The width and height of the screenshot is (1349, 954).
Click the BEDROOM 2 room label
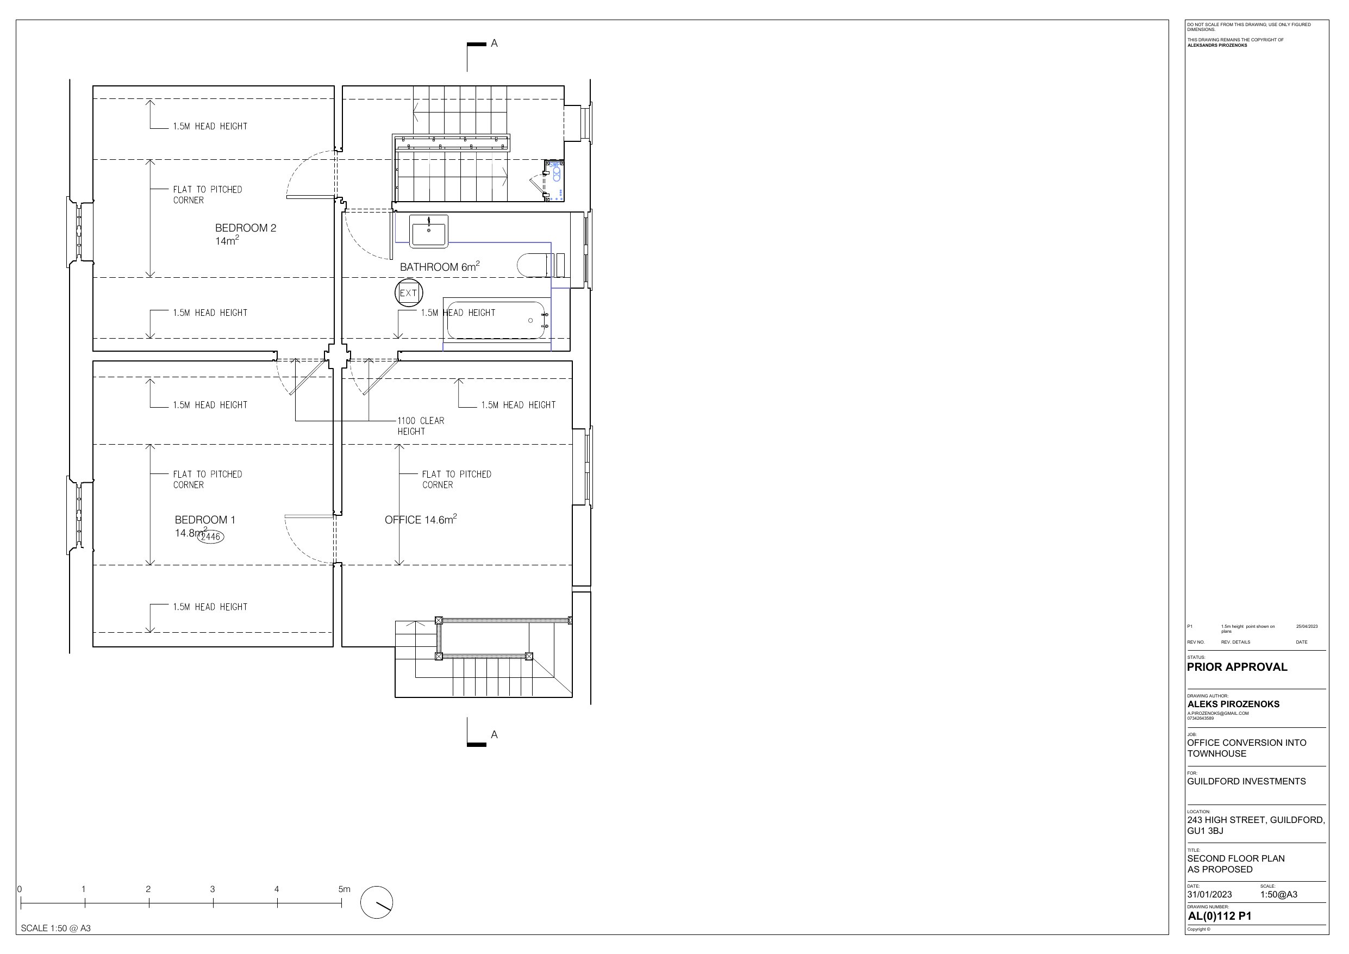coord(246,234)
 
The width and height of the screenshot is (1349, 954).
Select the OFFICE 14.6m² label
coord(421,519)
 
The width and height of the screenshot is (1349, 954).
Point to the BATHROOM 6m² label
coord(440,266)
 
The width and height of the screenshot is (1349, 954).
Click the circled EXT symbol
coord(408,293)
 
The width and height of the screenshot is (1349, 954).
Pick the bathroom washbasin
coord(429,231)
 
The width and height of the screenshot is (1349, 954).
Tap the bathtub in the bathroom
coord(496,320)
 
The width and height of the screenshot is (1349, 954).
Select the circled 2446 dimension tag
coord(210,536)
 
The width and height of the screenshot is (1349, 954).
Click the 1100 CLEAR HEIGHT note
coord(421,426)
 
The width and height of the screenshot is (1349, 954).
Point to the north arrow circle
coord(377,902)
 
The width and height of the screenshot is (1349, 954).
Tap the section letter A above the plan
coord(494,43)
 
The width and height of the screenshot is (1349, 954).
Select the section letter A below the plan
coord(494,734)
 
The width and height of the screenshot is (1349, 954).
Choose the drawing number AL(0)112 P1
coord(1220,916)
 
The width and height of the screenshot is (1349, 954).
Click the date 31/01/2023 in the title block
coord(1209,895)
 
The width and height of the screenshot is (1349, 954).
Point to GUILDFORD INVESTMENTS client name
coord(1246,781)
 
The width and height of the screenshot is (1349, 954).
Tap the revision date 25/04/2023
coord(1307,627)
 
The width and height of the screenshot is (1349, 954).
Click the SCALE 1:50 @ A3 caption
coord(56,928)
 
